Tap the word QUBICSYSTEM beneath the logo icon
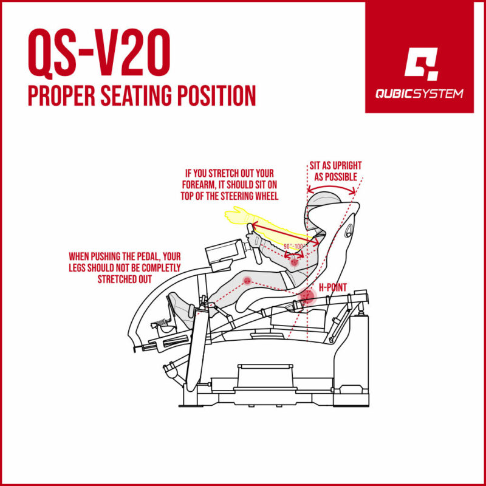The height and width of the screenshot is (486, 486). (x=420, y=94)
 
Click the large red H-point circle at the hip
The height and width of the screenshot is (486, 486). (x=308, y=296)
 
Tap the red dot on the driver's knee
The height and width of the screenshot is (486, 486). (x=247, y=280)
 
